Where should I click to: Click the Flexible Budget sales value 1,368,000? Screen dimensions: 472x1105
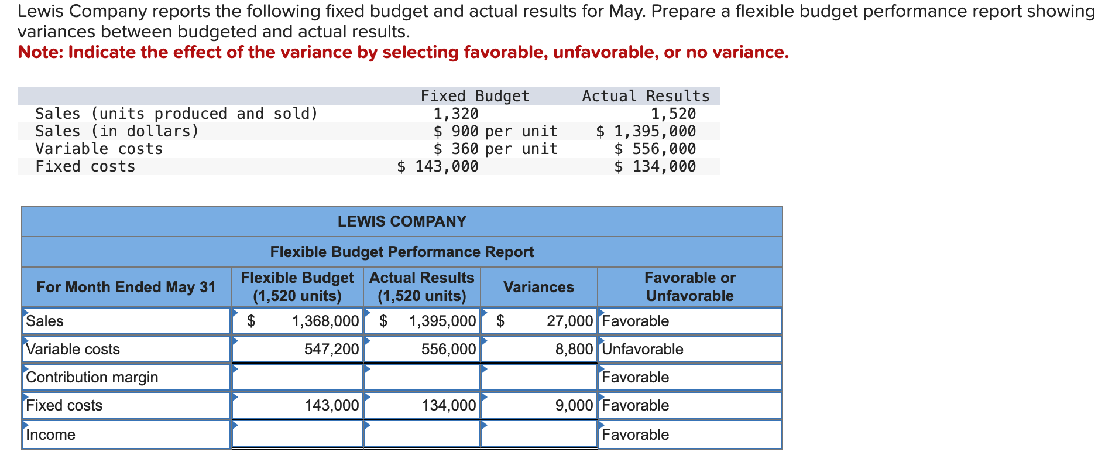point(325,321)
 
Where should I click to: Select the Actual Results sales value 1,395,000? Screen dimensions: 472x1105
point(442,321)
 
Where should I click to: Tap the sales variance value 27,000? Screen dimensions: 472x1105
point(569,321)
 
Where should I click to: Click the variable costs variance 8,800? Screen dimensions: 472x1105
point(574,349)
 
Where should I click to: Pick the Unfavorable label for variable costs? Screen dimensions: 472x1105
point(642,349)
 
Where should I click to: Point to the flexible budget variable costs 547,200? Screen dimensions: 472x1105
point(331,349)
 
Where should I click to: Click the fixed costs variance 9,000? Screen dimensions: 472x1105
point(574,405)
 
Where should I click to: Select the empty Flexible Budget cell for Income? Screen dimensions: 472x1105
point(297,435)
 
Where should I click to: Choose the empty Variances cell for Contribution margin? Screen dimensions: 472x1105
point(538,377)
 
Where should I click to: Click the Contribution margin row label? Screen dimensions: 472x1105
point(92,377)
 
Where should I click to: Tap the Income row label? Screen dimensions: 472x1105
point(50,435)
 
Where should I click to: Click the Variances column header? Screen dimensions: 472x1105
point(538,287)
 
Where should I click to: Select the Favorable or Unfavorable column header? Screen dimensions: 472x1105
point(689,287)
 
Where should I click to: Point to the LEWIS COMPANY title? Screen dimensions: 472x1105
point(402,221)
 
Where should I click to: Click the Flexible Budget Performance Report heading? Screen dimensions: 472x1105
point(402,252)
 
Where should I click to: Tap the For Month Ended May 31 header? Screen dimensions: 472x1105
point(126,287)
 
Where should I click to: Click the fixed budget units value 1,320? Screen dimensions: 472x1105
point(455,114)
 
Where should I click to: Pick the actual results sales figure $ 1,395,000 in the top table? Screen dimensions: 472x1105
point(646,131)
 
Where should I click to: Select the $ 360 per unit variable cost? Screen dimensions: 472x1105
point(495,149)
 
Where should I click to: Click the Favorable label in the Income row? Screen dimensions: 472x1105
point(635,435)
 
